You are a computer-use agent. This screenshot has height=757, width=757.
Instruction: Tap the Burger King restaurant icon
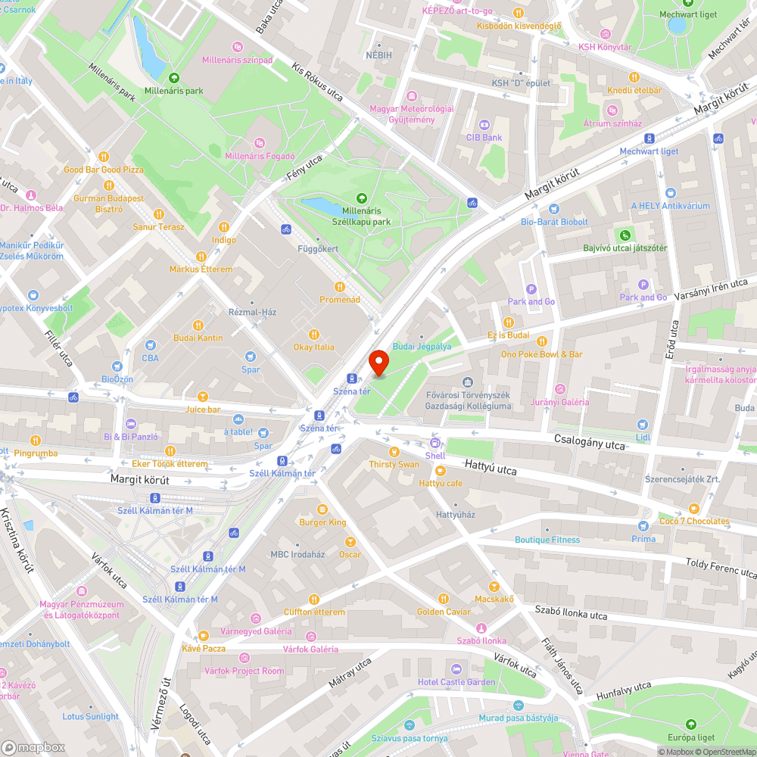coord(322,509)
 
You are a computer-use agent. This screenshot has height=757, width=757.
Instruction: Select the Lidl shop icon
coord(643,425)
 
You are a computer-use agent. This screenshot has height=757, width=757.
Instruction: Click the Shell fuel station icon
coord(435,443)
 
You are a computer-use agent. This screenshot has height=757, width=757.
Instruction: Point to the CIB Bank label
coord(484,138)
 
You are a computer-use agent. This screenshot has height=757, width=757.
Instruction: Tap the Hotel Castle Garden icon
coord(456,668)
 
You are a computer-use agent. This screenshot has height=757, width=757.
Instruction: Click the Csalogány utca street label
coord(589,443)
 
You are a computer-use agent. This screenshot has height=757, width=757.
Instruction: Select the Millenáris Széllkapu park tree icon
coord(360,198)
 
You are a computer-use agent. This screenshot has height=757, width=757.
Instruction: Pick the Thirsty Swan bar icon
coord(394,451)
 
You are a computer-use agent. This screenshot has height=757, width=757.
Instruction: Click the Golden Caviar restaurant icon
coord(444,598)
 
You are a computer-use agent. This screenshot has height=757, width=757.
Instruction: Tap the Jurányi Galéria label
coord(560,402)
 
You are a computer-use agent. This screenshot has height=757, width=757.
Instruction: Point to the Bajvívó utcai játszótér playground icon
coord(625,235)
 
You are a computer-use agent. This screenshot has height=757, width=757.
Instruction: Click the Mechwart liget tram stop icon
coord(649,138)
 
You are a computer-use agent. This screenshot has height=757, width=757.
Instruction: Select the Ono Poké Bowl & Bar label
coord(541,354)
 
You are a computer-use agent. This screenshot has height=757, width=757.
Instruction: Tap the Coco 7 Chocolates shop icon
coord(693,508)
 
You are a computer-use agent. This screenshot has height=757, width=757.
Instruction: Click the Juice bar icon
coord(203,397)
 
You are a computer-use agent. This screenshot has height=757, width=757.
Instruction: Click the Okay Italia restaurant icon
coord(314,334)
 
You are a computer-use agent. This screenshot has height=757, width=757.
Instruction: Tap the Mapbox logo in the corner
coord(34,746)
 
